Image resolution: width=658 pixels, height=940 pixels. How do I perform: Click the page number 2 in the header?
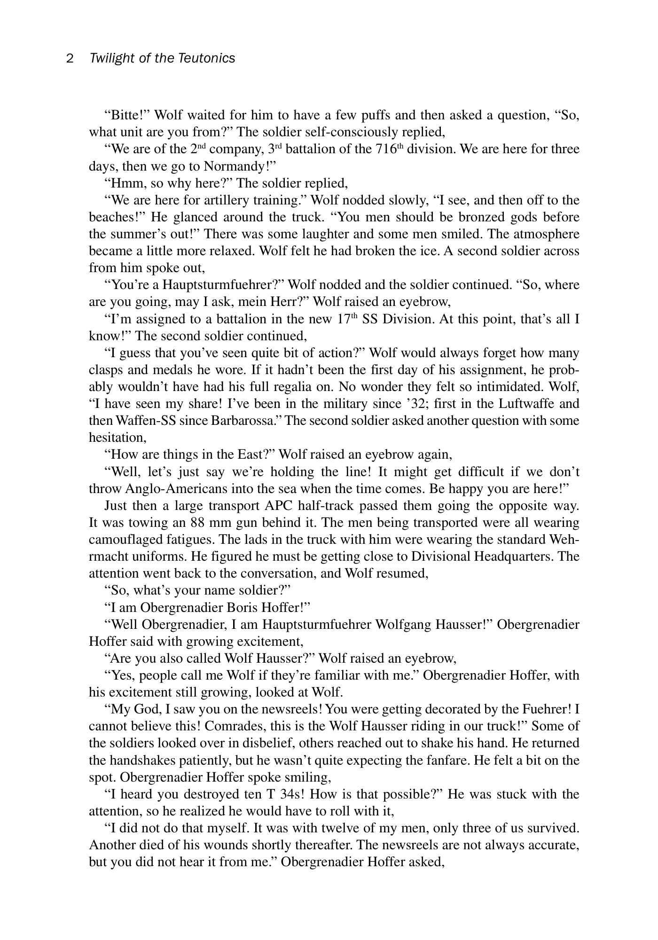click(70, 58)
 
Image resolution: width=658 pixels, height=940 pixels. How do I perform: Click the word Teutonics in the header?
click(207, 58)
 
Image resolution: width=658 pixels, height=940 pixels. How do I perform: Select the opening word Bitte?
click(126, 115)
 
